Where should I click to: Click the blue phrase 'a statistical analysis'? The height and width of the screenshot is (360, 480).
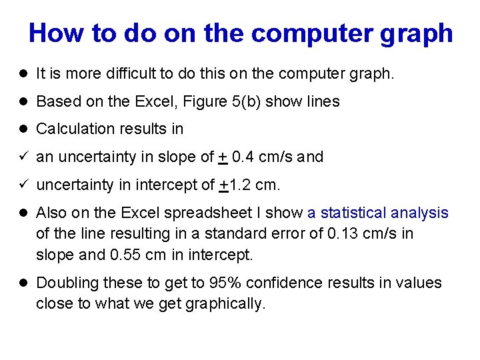pos(378,213)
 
